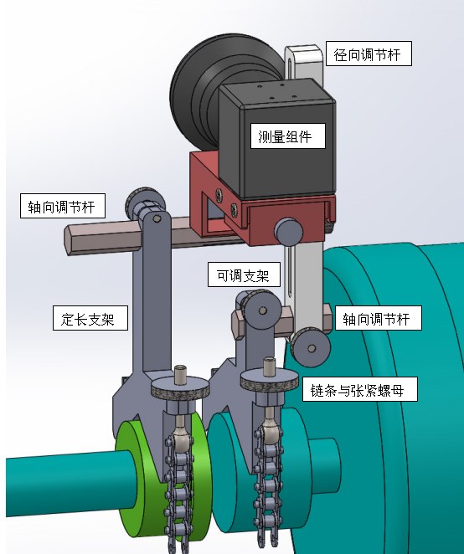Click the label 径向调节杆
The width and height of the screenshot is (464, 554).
click(x=369, y=54)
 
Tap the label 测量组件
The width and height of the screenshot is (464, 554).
click(x=288, y=136)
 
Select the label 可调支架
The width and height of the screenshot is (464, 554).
click(x=244, y=274)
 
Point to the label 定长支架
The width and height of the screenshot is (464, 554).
click(x=90, y=318)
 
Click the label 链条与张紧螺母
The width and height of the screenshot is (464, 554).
click(x=359, y=389)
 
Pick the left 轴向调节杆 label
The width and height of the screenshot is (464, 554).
click(x=63, y=206)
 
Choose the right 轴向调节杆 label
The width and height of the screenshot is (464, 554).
click(x=379, y=318)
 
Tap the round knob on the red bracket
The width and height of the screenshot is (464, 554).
click(x=289, y=232)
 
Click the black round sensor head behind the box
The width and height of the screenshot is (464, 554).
click(x=198, y=92)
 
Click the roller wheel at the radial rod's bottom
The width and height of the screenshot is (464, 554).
click(x=311, y=347)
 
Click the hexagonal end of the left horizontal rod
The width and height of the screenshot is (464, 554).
click(x=70, y=242)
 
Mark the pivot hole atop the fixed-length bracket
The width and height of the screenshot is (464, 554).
click(x=157, y=219)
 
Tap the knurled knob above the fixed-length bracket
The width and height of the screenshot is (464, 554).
click(x=145, y=202)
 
